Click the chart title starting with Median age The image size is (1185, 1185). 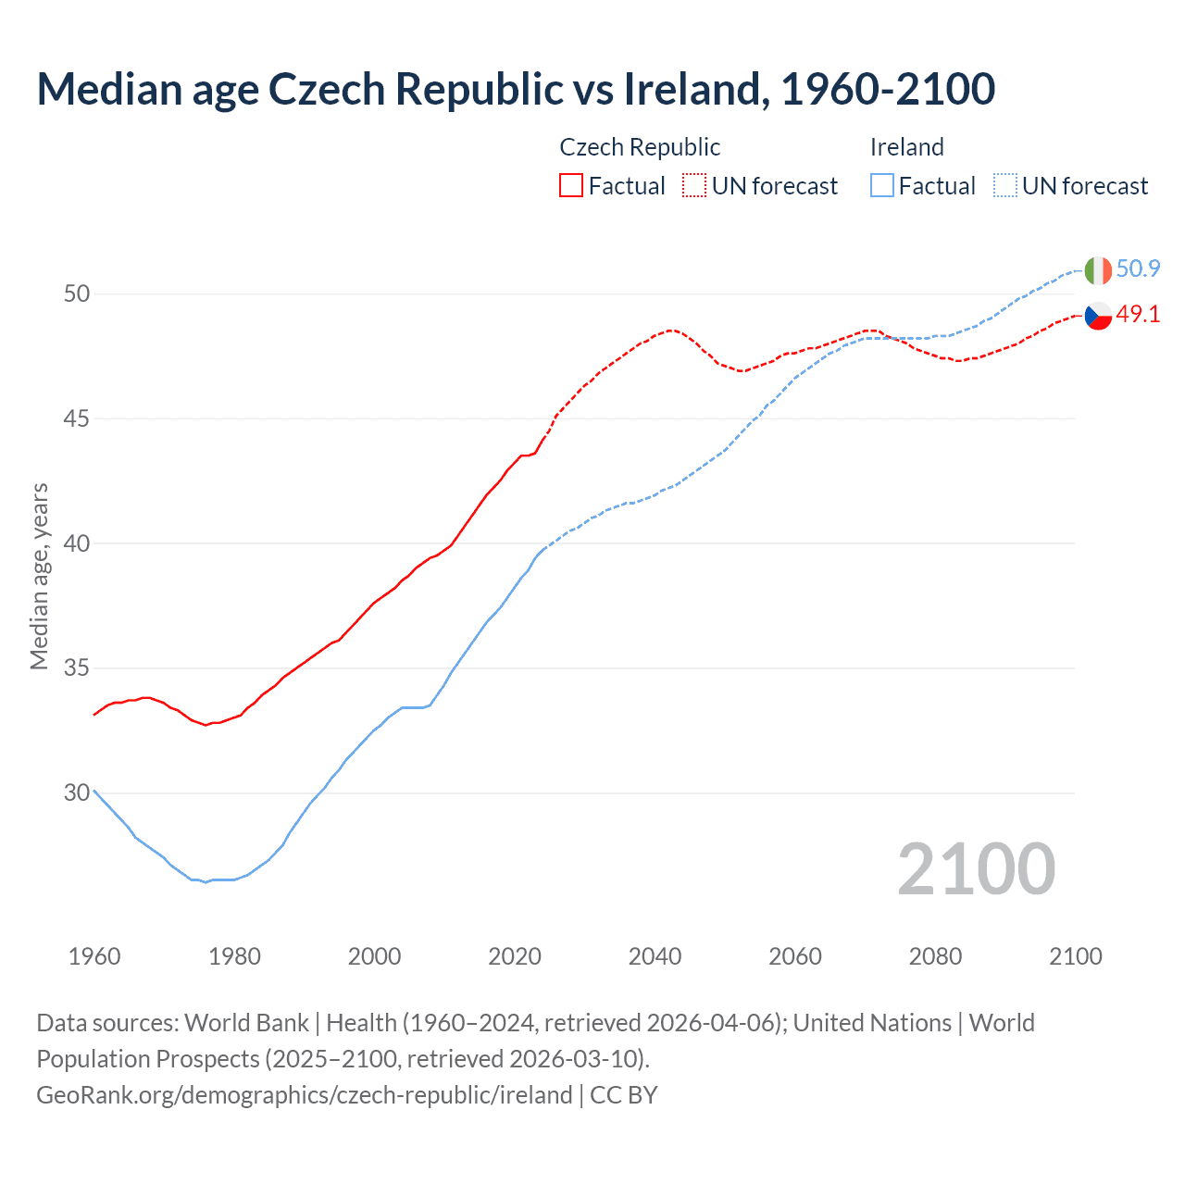coord(516,89)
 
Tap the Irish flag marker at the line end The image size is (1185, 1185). coord(1097,270)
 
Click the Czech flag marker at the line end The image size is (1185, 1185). coord(1097,316)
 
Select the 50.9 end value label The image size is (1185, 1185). coord(1138,269)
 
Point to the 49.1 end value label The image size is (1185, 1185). coord(1138,315)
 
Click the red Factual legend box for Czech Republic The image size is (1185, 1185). coord(571,186)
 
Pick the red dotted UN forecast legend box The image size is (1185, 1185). coord(694,186)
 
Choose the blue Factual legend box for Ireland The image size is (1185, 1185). coord(881,186)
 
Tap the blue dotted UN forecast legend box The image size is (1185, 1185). coord(1004,186)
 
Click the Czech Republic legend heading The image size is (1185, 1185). coord(640,147)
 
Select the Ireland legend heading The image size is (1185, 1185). coord(906,147)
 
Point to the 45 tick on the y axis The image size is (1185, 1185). coord(77,418)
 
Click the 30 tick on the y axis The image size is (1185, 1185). coord(77,792)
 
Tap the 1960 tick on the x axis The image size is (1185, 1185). coord(94,956)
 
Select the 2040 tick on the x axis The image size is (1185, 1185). coord(655,956)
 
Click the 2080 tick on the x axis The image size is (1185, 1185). coord(935,956)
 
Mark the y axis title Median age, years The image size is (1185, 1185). coord(39,576)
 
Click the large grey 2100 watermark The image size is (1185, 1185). coord(976,868)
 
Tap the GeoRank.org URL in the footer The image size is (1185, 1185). coord(304,1095)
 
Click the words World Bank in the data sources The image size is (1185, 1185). coord(246,1023)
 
